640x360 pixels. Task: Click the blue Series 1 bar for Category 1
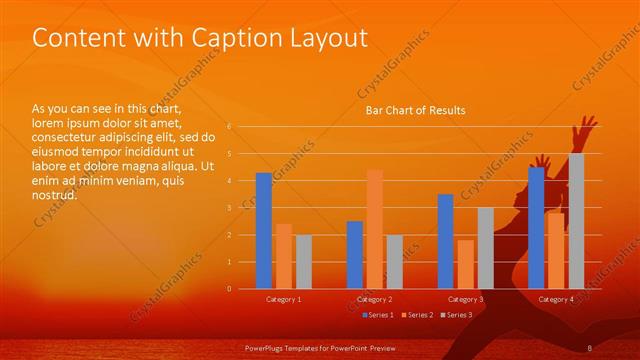click(263, 231)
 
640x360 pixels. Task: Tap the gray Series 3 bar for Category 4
click(576, 221)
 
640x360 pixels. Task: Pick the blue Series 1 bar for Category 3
click(445, 241)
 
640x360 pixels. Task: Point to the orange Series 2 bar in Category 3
click(465, 264)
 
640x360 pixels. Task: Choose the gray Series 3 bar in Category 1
click(303, 262)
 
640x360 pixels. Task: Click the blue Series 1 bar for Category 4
click(536, 228)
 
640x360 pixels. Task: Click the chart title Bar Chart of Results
click(414, 110)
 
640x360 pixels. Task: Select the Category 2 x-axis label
click(374, 299)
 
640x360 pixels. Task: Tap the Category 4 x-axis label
click(556, 299)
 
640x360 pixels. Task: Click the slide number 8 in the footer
click(590, 347)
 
